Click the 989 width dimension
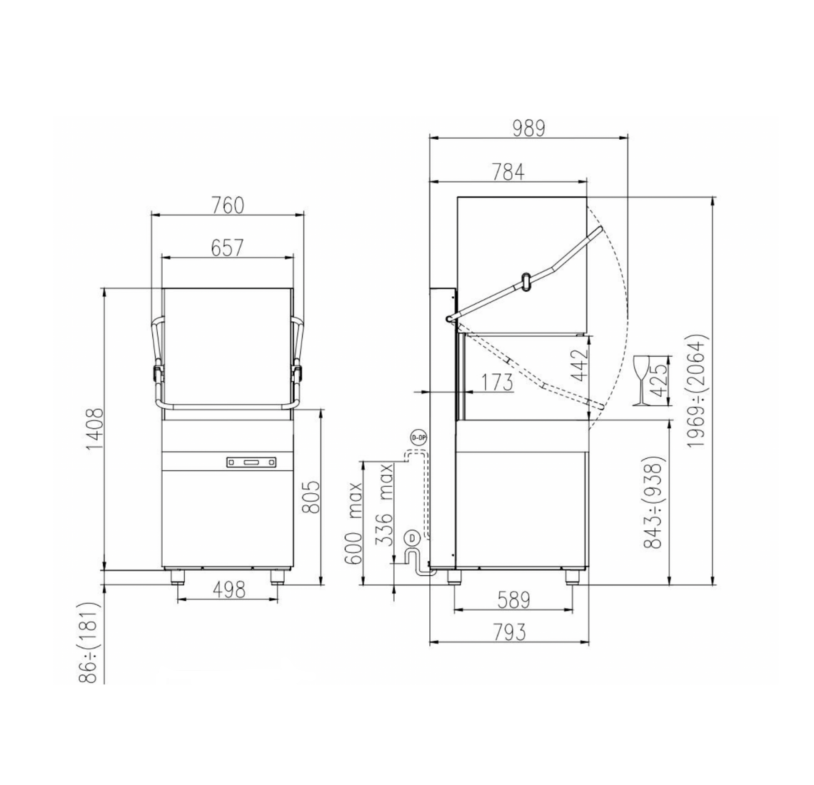tap(528, 128)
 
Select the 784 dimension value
tap(508, 172)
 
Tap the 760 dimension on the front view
tap(227, 206)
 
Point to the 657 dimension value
tap(227, 248)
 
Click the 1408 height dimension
tap(95, 429)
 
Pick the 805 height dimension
tap(311, 497)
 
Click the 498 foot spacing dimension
tap(228, 590)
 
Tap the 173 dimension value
tap(496, 383)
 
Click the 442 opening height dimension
tap(579, 365)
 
